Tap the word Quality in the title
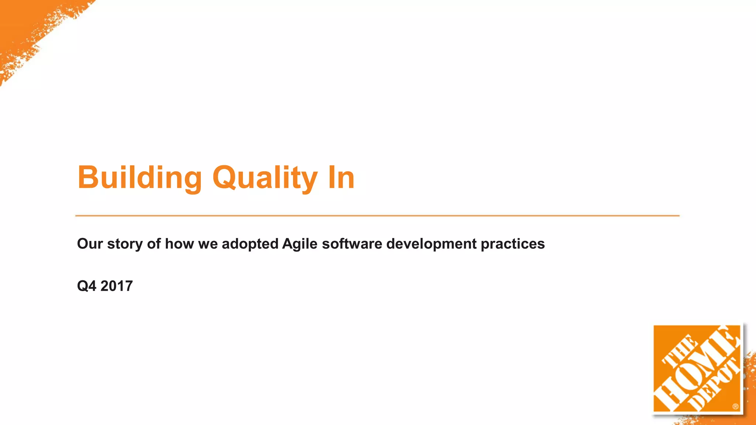coord(265,178)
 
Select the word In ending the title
coord(341,178)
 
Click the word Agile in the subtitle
coord(299,244)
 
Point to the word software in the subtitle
coord(352,244)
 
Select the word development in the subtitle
coord(431,244)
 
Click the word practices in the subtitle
coord(512,244)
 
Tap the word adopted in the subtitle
coord(250,244)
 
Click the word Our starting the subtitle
coord(90,244)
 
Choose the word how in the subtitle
coord(179,244)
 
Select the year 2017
coord(116,286)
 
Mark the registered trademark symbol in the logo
coord(735,407)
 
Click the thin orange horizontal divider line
coord(377,215)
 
